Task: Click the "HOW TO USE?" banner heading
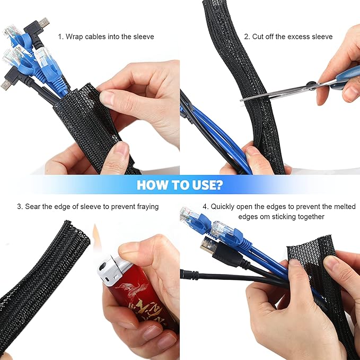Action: pyautogui.click(x=180, y=185)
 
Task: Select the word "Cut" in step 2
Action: pyautogui.click(x=259, y=37)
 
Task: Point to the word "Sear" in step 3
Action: pyautogui.click(x=33, y=206)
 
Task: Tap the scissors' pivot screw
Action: pyautogui.click(x=310, y=85)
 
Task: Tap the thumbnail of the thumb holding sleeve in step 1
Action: pyautogui.click(x=108, y=98)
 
